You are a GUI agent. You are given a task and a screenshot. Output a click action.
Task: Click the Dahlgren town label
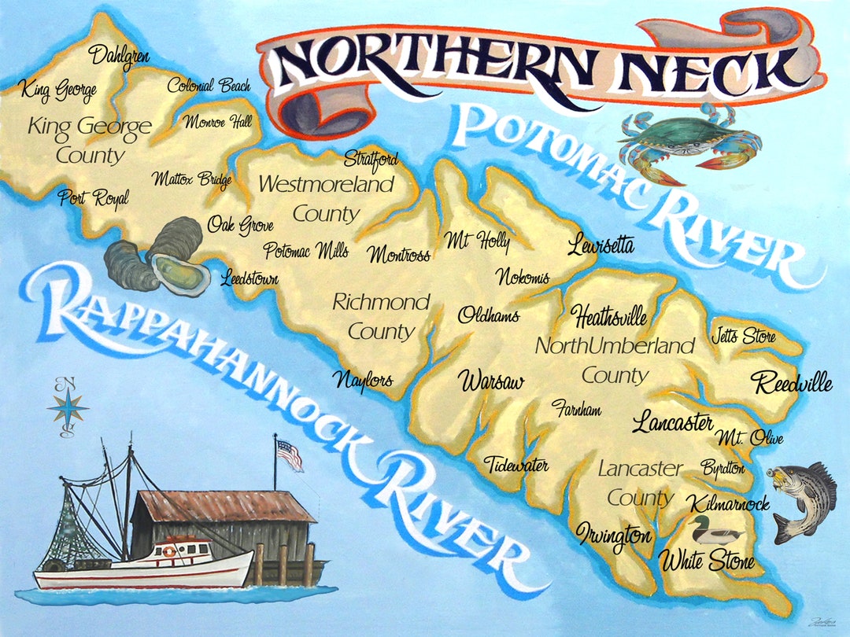(119, 56)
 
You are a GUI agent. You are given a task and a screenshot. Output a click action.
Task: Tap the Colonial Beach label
(209, 86)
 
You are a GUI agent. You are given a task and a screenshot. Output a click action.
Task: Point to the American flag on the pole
(289, 455)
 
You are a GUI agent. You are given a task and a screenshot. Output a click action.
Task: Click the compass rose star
(68, 407)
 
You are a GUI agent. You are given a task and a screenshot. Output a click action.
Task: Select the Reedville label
(791, 384)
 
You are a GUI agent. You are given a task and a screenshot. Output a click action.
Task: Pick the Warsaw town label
(491, 382)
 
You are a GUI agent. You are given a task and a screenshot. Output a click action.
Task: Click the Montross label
(399, 255)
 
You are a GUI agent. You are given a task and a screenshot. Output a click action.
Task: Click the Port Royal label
(93, 198)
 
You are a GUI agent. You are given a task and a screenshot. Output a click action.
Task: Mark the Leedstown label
(249, 278)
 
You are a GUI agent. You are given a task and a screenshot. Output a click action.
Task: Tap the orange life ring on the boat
(168, 552)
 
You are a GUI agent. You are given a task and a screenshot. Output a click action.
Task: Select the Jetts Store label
(743, 337)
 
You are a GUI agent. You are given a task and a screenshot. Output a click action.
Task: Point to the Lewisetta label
(601, 246)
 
